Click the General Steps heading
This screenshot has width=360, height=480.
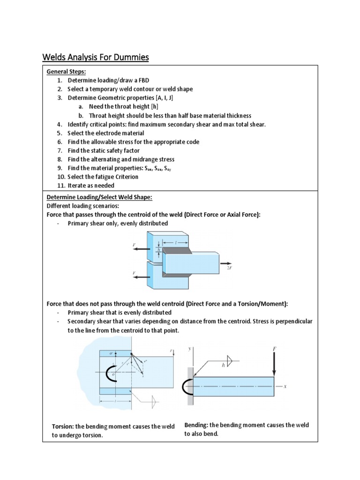(66, 72)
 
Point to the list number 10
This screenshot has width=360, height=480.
(60, 177)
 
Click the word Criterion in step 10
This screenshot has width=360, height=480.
(124, 177)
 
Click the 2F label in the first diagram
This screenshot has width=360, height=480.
(230, 269)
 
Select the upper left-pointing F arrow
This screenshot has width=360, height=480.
(139, 249)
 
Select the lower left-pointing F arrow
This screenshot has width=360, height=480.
(139, 277)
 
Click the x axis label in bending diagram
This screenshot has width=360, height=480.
(284, 387)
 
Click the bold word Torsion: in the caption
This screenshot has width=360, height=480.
(62, 427)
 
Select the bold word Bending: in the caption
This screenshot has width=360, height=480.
(196, 425)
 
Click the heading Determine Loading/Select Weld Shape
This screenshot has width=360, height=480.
(99, 197)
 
